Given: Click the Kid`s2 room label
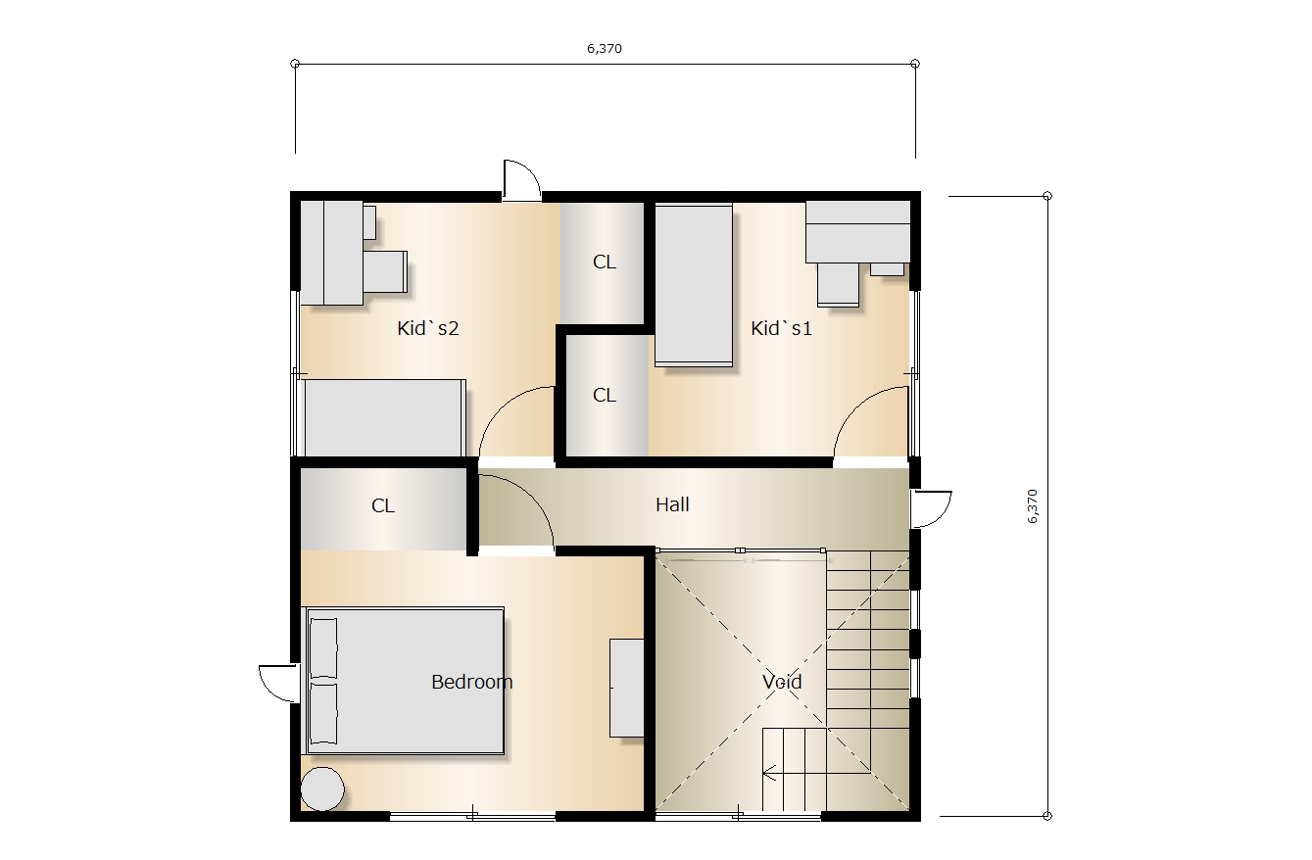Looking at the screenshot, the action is tap(427, 328).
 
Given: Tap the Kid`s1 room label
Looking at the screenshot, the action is tap(781, 328).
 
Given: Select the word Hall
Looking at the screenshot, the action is tap(672, 504).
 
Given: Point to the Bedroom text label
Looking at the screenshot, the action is tap(471, 682).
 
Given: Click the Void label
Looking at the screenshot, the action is tap(782, 682).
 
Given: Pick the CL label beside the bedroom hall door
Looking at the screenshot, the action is tap(383, 505).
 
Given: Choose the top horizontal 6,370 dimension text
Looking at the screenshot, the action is tap(605, 49).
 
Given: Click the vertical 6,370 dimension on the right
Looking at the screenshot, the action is tap(1032, 506).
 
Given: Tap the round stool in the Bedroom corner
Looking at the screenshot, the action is tap(322, 788).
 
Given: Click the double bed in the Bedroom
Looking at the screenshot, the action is tap(404, 682).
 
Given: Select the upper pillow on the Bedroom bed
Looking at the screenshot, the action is tap(322, 649).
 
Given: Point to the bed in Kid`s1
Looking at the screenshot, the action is tap(694, 284).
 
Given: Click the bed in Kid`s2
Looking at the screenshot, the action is tap(384, 418).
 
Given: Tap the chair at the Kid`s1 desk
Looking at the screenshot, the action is tap(838, 284).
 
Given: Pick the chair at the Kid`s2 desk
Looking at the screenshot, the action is tap(385, 271).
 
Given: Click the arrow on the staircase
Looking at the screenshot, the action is tap(769, 774).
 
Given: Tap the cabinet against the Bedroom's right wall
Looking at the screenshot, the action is tap(627, 688).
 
